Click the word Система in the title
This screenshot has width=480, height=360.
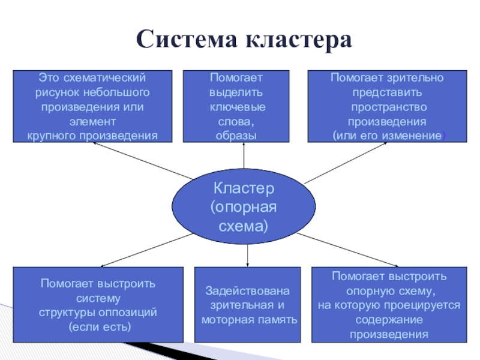click(x=187, y=41)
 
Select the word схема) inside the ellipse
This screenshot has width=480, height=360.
click(x=244, y=227)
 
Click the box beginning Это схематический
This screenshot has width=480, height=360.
click(x=92, y=106)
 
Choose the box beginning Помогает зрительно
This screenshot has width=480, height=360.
click(x=388, y=106)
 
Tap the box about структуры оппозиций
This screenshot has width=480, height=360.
click(x=98, y=305)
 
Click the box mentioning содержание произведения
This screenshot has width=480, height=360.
click(x=389, y=305)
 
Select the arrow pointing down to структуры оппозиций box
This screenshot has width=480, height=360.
click(x=144, y=252)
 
